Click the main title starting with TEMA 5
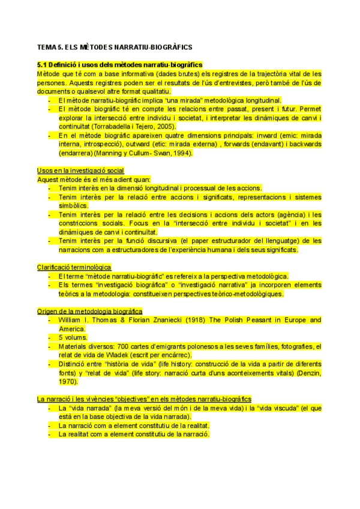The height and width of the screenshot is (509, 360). tap(114, 47)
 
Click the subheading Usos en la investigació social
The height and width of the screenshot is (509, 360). tap(80, 171)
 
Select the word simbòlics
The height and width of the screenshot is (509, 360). tap(74, 205)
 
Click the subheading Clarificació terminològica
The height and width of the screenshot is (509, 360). tap(74, 267)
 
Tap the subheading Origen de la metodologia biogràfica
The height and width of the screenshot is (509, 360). tap(89, 311)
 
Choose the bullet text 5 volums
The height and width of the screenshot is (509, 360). tap(74, 337)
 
